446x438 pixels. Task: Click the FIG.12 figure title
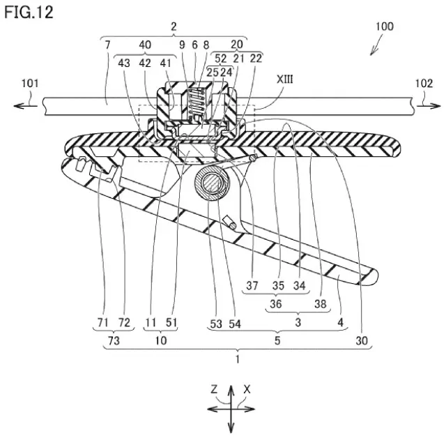(x=29, y=13)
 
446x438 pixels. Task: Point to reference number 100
(x=385, y=27)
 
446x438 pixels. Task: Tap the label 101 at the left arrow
(x=30, y=84)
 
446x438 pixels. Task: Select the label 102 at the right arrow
(x=424, y=84)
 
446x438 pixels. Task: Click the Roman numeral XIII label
(x=285, y=80)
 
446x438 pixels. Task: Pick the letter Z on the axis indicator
(x=214, y=388)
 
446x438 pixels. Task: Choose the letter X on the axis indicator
(x=247, y=389)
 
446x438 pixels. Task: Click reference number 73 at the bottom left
(x=114, y=340)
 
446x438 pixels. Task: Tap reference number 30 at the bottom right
(x=362, y=340)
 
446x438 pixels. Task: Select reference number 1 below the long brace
(x=238, y=359)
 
